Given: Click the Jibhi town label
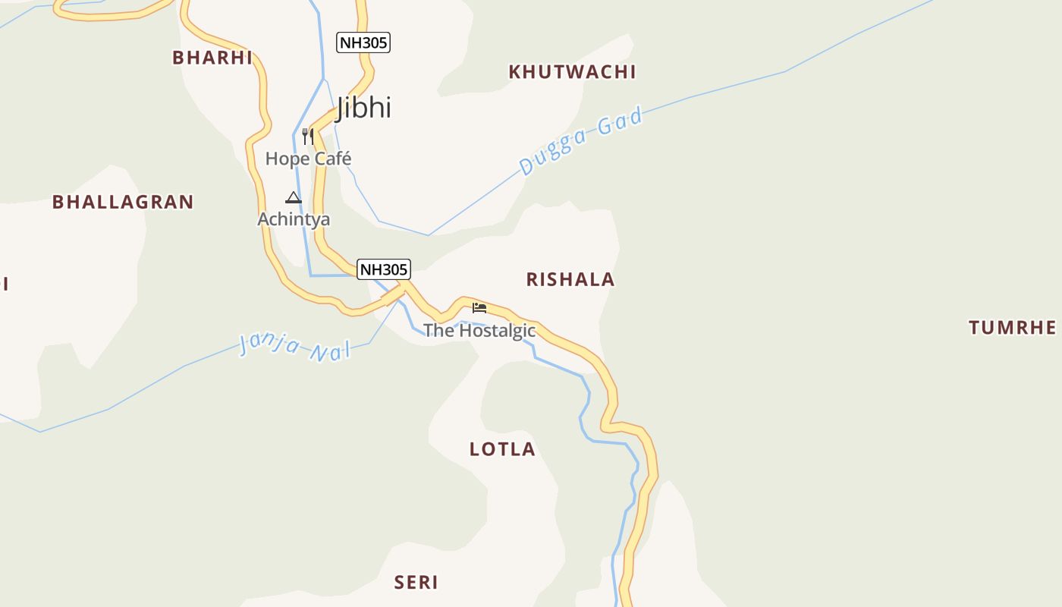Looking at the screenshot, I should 363,108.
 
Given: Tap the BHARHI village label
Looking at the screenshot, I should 212,58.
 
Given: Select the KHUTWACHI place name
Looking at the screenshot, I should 572,72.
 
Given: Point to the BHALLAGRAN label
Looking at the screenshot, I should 123,202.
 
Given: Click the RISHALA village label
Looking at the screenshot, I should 570,279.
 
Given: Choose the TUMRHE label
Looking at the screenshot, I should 1012,328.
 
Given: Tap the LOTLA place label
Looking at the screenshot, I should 502,449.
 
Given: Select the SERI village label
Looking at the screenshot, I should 416,583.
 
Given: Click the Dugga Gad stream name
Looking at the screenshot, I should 581,142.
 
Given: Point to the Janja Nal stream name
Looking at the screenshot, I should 295,345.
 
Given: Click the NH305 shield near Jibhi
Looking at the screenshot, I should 363,42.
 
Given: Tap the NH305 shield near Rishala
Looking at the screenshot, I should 384,269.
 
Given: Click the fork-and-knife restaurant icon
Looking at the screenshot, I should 307,137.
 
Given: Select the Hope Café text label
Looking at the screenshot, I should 308,159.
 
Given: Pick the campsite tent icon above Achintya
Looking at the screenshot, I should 294,198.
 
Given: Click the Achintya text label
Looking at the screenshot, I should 294,219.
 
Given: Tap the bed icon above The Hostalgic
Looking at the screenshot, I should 479,307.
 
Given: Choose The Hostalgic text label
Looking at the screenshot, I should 479,331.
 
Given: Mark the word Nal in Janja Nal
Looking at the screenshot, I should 330,351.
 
